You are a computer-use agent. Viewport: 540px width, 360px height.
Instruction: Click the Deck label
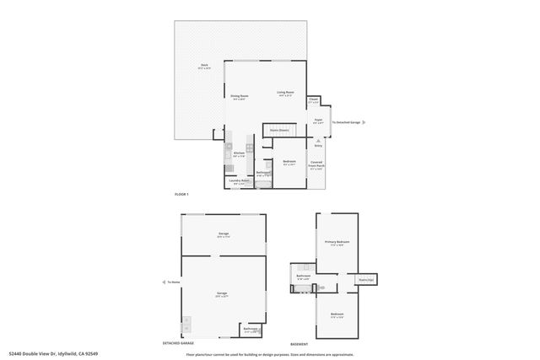pyautogui.click(x=203, y=66)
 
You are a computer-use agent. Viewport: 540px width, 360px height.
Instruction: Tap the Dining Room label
pyautogui.click(x=240, y=97)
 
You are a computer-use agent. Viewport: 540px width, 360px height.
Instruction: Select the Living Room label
pyautogui.click(x=285, y=93)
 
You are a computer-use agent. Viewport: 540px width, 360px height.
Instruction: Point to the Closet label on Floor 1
pyautogui.click(x=313, y=100)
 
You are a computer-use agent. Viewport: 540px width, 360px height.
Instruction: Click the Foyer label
pyautogui.click(x=319, y=121)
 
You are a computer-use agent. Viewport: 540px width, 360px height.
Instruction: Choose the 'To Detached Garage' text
pyautogui.click(x=347, y=122)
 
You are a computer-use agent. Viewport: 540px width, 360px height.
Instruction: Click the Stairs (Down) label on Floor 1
pyautogui.click(x=279, y=130)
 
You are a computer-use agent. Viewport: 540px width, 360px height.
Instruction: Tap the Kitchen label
pyautogui.click(x=239, y=154)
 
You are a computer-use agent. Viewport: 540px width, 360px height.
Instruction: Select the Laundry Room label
pyautogui.click(x=240, y=181)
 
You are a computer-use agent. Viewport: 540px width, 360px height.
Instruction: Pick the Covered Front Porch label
pyautogui.click(x=316, y=166)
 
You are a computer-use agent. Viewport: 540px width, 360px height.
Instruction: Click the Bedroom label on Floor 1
pyautogui.click(x=289, y=163)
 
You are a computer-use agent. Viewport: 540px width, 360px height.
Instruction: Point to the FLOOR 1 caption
pyautogui.click(x=181, y=195)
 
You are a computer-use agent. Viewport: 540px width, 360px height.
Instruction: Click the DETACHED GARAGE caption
pyautogui.click(x=178, y=343)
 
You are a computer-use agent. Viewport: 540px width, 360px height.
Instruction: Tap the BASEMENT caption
pyautogui.click(x=299, y=343)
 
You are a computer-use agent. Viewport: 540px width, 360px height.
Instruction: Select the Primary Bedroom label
pyautogui.click(x=337, y=243)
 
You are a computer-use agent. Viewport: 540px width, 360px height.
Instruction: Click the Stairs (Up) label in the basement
pyautogui.click(x=365, y=279)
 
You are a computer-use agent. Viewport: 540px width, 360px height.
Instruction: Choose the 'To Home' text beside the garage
pyautogui.click(x=174, y=282)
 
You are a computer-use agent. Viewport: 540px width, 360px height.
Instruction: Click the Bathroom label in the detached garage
pyautogui.click(x=251, y=329)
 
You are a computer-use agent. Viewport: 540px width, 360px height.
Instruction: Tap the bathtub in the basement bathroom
pyautogui.click(x=300, y=288)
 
